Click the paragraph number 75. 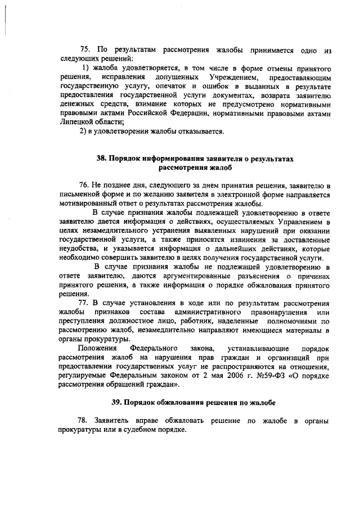tap(86, 49)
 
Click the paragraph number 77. tap(85, 303)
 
